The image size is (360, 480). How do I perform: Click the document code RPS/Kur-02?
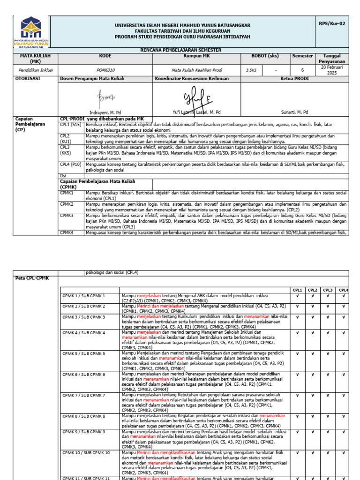(332, 23)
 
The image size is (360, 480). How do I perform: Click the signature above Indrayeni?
(105, 98)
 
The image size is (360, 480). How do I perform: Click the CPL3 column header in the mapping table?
(328, 290)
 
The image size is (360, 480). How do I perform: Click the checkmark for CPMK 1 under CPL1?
(297, 296)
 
